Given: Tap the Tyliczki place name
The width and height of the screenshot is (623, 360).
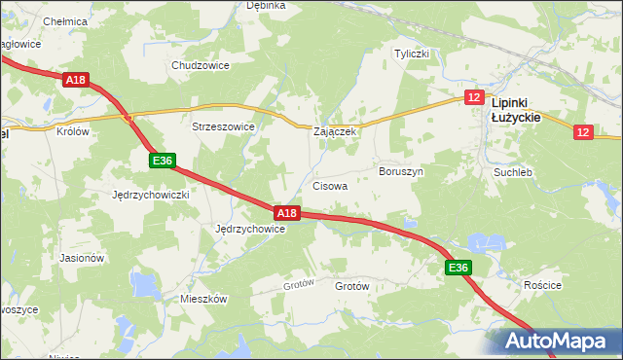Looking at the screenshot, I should click(411, 54).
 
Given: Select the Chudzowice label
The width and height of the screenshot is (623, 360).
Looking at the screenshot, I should click(200, 65).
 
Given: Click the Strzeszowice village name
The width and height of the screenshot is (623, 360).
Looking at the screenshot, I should click(223, 126).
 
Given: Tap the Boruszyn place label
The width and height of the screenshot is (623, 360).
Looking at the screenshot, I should click(400, 170).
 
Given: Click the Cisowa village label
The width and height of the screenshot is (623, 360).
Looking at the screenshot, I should click(330, 185).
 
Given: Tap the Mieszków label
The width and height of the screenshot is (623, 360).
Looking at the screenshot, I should click(203, 299).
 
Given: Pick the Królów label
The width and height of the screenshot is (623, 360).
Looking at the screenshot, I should click(73, 131).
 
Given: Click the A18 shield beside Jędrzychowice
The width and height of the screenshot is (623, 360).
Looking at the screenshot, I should click(285, 212).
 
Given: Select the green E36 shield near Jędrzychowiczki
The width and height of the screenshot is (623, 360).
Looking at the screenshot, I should click(163, 160).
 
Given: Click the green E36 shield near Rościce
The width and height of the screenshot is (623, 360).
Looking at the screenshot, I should click(458, 268).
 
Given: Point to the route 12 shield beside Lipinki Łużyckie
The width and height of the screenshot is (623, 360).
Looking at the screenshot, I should click(474, 97).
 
